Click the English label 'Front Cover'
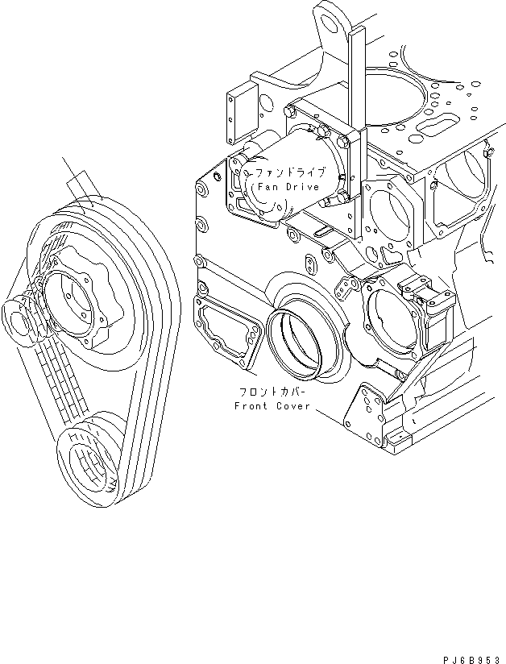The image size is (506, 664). click(272, 406)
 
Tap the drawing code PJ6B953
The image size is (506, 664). click(471, 657)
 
